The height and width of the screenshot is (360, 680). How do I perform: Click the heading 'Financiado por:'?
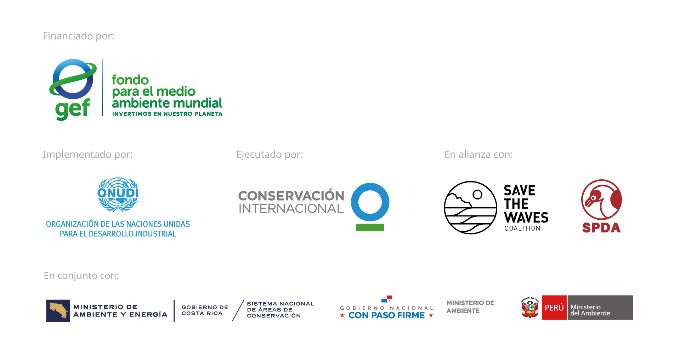click(x=78, y=36)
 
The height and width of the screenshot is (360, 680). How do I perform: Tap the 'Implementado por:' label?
click(x=87, y=154)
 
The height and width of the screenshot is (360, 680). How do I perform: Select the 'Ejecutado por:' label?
click(x=270, y=154)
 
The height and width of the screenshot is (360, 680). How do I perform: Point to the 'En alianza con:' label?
click(x=478, y=154)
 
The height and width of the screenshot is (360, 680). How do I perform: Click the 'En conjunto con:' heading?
click(x=81, y=276)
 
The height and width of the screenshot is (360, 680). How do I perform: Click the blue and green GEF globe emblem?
click(x=73, y=79)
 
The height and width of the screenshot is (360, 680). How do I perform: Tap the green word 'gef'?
click(x=72, y=109)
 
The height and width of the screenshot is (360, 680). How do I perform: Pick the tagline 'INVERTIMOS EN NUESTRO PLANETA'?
click(x=167, y=114)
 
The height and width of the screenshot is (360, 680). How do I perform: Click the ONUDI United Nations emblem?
click(x=118, y=194)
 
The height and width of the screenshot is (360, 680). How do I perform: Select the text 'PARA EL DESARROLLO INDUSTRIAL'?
click(x=118, y=234)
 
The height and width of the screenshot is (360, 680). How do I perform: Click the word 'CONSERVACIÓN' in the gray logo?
click(x=291, y=196)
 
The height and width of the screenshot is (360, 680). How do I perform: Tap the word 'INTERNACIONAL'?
click(x=291, y=209)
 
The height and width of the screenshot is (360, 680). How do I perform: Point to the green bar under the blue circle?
click(x=370, y=227)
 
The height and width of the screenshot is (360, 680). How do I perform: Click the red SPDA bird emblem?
click(x=601, y=199)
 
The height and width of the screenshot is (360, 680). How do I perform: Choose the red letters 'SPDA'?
click(x=601, y=228)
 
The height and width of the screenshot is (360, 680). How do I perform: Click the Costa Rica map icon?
click(x=58, y=310)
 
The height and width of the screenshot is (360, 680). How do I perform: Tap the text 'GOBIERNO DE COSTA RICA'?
click(x=205, y=310)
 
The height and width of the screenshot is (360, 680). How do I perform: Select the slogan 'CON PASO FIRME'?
click(x=386, y=315)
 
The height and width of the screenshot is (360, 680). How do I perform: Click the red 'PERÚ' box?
click(x=554, y=308)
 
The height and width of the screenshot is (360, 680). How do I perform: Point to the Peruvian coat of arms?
click(x=529, y=308)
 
